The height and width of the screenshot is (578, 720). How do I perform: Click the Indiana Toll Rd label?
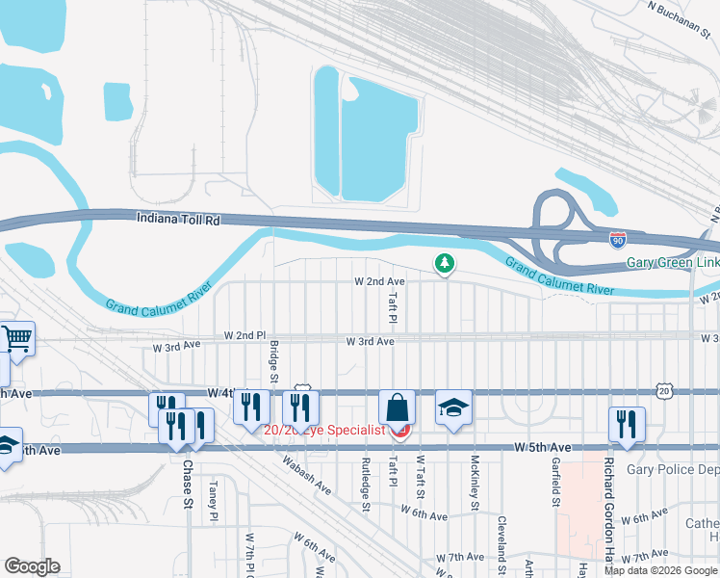coord(178,220)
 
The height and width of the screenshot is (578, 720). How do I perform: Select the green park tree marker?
coord(444,262)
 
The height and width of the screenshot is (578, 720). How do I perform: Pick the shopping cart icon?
coord(16,338)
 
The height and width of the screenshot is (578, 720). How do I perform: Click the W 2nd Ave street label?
coord(379,281)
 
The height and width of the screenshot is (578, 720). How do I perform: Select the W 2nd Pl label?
coord(244,335)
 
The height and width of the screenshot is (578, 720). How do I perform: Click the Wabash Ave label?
coord(306,475)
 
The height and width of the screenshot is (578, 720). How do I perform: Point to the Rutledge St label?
coord(366,483)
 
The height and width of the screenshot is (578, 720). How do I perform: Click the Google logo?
coord(32,566)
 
